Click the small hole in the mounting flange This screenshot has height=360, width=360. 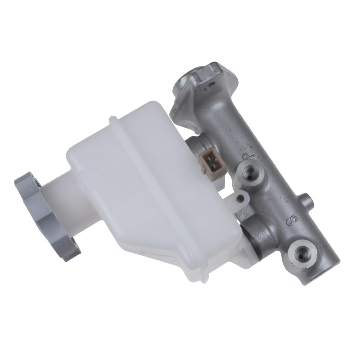[209, 86]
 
